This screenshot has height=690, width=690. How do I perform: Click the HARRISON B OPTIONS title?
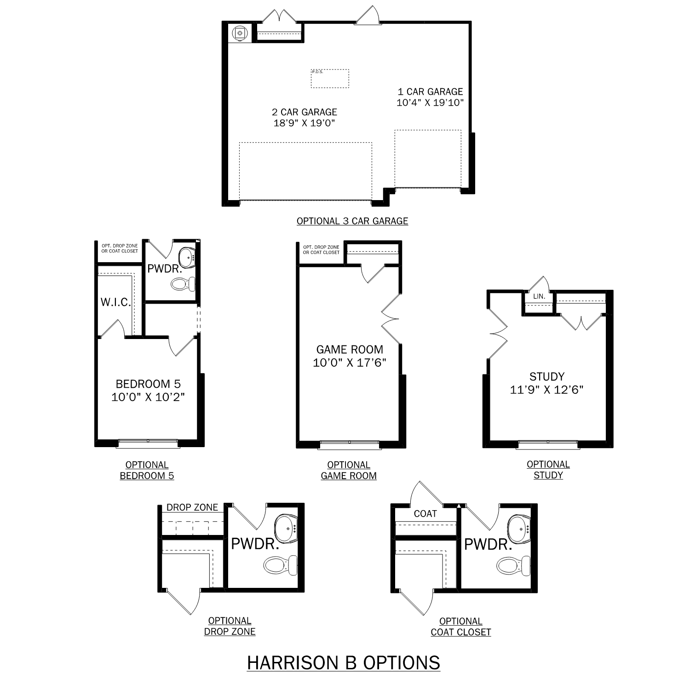click(x=343, y=663)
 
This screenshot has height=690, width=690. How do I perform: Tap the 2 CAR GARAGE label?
click(x=305, y=112)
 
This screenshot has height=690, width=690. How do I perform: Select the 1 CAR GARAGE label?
click(x=430, y=92)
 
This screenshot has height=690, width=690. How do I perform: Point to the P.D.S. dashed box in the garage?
click(x=330, y=79)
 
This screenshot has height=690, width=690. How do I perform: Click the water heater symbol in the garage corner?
click(x=240, y=33)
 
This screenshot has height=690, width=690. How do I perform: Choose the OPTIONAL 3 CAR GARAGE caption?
click(x=352, y=221)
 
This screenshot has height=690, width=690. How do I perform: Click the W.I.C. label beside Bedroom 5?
click(x=116, y=302)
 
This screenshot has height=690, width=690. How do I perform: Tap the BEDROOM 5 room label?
click(x=148, y=384)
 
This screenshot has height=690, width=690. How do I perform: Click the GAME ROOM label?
click(x=350, y=350)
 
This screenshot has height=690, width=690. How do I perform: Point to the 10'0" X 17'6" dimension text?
click(x=350, y=363)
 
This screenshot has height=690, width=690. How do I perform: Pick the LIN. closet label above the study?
click(x=539, y=297)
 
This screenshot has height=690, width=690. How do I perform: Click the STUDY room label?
click(x=547, y=377)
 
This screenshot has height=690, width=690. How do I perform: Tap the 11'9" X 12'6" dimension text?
click(x=547, y=390)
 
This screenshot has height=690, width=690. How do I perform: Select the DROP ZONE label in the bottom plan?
click(x=192, y=507)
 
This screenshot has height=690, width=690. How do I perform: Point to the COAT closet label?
click(x=425, y=514)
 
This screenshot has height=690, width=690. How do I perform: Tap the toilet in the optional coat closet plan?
click(x=513, y=565)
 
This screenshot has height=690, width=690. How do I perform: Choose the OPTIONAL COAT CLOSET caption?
click(x=461, y=627)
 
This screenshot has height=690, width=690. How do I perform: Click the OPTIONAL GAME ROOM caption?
click(x=349, y=471)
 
